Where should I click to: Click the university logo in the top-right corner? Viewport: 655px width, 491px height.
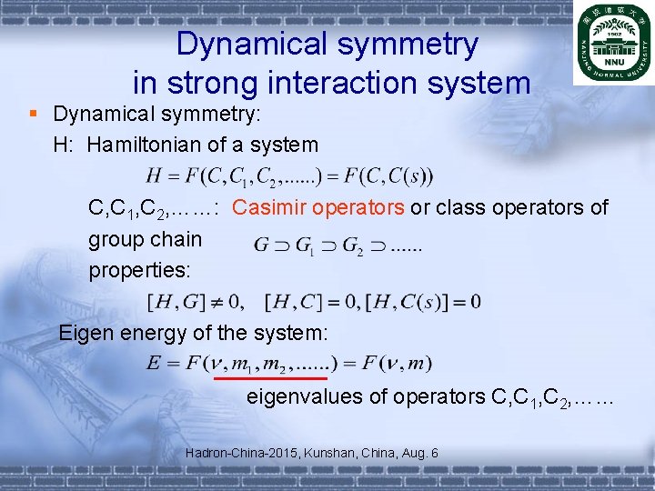(x=613, y=43)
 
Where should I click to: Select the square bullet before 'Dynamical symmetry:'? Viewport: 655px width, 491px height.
(x=34, y=114)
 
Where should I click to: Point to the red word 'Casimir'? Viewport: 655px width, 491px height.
(x=269, y=207)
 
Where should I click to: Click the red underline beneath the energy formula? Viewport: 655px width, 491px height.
(x=270, y=376)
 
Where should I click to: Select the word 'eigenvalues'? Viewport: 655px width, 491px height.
(x=306, y=396)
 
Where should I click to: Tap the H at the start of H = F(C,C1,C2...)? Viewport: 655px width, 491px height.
(x=153, y=175)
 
